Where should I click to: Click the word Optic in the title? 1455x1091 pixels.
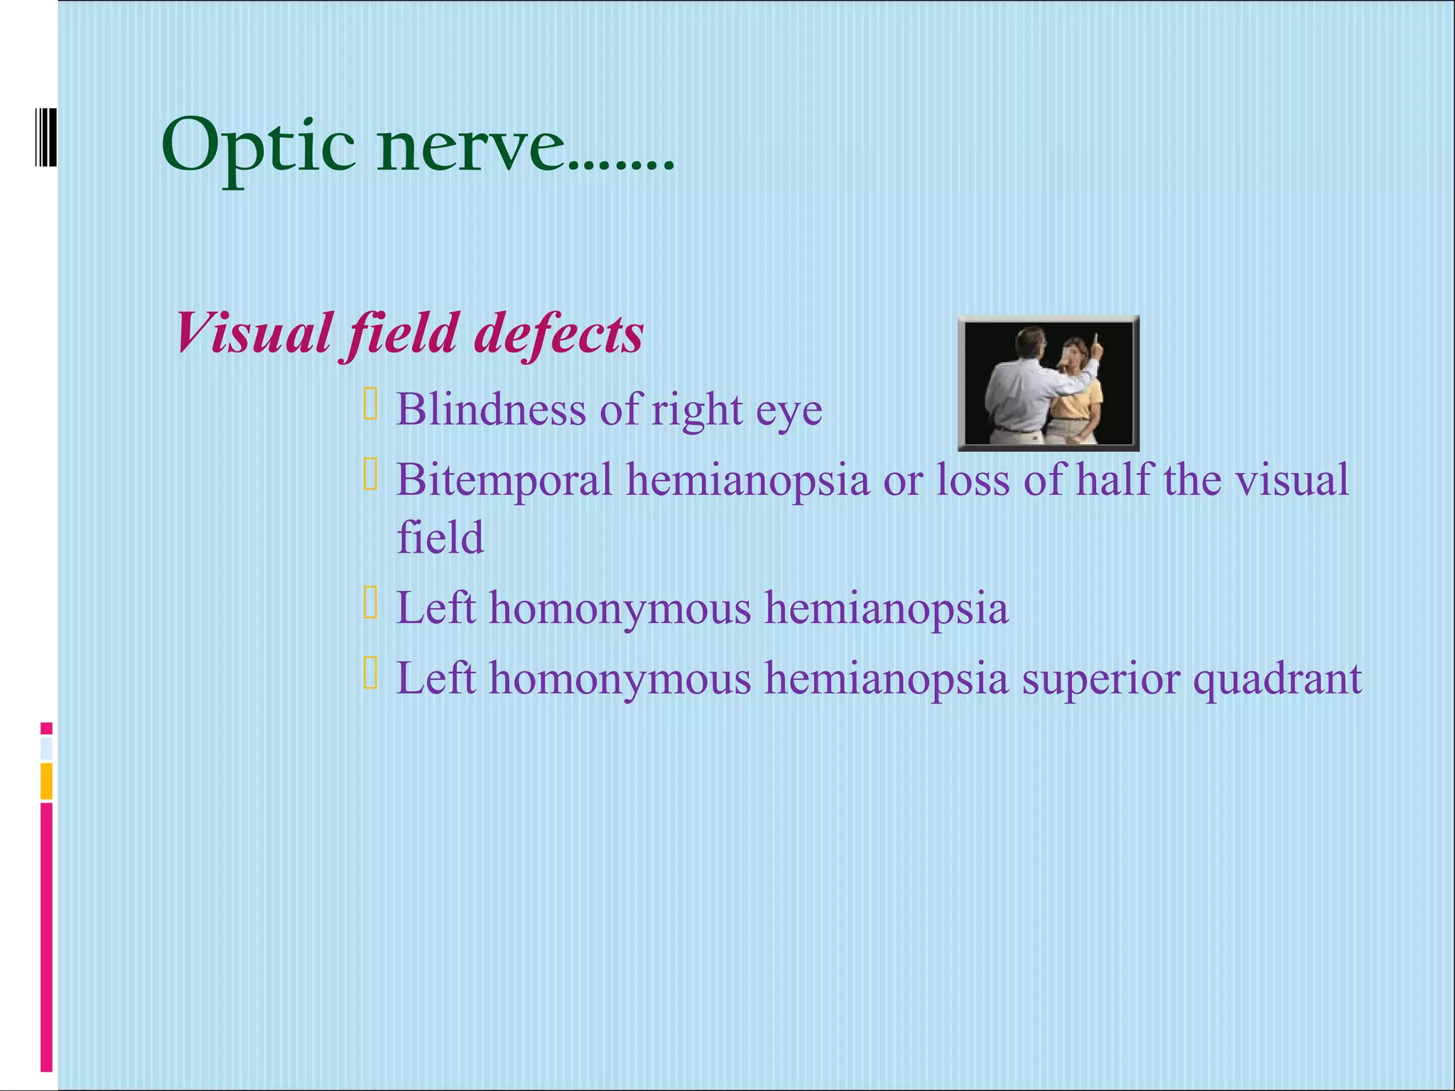258,148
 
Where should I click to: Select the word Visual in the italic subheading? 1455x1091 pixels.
253,333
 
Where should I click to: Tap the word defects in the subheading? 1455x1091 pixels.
558,333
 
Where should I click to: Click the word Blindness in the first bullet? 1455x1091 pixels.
490,410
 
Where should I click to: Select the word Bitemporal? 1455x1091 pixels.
504,479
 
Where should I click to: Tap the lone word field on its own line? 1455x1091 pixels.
440,537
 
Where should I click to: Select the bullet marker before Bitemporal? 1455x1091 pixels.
370,474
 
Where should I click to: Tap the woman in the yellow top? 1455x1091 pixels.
1076,398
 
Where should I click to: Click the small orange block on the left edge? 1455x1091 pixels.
46,781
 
